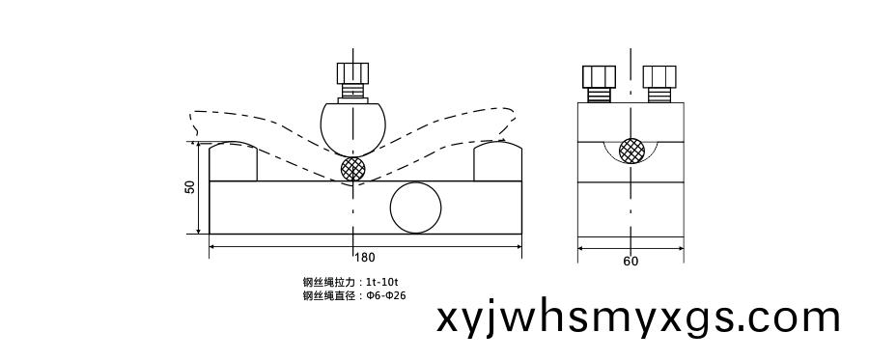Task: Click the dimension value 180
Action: pos(365,258)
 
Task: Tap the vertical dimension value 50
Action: pos(190,187)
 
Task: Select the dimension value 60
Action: pos(631,261)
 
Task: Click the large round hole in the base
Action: pos(416,207)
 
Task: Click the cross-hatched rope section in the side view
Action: pos(631,151)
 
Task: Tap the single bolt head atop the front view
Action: pos(352,73)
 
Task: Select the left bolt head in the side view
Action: pos(599,76)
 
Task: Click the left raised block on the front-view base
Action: pos(233,162)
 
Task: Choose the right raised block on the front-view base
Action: pos(497,162)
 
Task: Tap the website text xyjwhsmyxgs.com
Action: pos(638,318)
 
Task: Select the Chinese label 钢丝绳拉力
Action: pos(328,282)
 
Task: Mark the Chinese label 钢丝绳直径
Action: pos(328,295)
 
